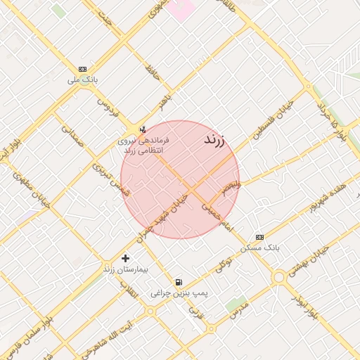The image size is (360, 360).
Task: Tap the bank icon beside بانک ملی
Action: click(83, 69)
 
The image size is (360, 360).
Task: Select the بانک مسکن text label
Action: click(259, 248)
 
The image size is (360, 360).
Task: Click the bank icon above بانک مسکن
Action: click(259, 237)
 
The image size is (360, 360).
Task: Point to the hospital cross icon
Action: click(126, 258)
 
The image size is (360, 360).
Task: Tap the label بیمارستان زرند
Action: click(126, 269)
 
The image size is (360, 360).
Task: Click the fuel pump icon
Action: click(178, 281)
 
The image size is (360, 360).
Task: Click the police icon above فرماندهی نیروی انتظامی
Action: click(143, 129)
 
